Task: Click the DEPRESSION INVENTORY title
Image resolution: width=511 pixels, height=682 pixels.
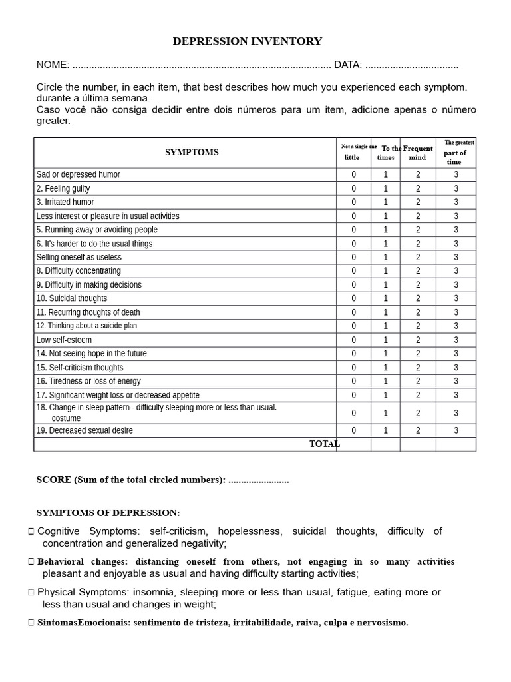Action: pyautogui.click(x=247, y=41)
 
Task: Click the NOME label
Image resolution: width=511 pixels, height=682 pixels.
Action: pyautogui.click(x=52, y=65)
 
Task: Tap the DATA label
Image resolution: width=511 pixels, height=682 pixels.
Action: pyautogui.click(x=347, y=65)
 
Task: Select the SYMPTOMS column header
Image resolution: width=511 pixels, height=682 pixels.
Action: pyautogui.click(x=192, y=152)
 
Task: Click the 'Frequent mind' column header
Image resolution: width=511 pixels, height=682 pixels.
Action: pyautogui.click(x=418, y=153)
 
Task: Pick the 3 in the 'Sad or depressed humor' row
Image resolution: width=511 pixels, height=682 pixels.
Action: pyautogui.click(x=456, y=174)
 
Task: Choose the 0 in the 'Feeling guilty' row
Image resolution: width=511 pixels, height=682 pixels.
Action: pyautogui.click(x=354, y=188)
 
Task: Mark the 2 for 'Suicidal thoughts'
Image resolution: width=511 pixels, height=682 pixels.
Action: pyautogui.click(x=418, y=298)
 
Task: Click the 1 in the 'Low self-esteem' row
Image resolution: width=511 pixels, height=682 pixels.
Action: pyautogui.click(x=385, y=340)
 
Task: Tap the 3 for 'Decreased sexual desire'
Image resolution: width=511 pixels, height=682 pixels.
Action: pyautogui.click(x=456, y=430)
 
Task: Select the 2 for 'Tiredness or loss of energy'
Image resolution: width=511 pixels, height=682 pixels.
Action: pyautogui.click(x=418, y=381)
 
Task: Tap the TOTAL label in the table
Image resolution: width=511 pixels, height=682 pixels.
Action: pyautogui.click(x=324, y=444)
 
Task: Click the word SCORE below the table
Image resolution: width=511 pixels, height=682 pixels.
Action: pyautogui.click(x=53, y=480)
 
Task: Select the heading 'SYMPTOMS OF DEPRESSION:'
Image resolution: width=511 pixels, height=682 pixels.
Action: pyautogui.click(x=108, y=513)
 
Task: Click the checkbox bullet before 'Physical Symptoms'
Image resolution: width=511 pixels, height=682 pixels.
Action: pyautogui.click(x=32, y=592)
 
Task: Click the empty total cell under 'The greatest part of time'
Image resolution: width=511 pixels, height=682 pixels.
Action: pyautogui.click(x=456, y=444)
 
